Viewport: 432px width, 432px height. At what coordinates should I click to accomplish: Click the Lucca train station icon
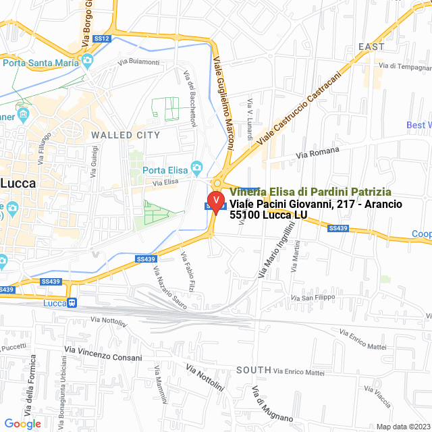[71, 302]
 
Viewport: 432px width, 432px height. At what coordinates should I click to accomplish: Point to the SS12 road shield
[102, 39]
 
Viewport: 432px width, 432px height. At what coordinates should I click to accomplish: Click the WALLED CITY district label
[126, 135]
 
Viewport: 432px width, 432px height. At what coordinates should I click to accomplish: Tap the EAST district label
[371, 47]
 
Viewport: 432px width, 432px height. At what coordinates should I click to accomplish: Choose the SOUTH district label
[254, 370]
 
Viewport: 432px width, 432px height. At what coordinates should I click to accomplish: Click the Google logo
[22, 424]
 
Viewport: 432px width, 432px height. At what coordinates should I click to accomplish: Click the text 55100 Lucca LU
[268, 215]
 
